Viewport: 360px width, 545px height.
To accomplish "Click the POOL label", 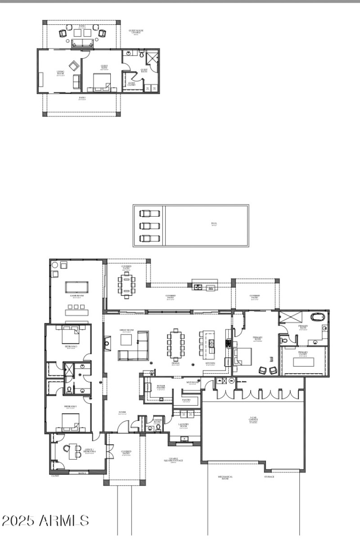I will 214,223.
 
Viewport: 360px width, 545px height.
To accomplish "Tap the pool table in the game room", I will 77,286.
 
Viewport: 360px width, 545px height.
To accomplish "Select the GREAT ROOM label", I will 126,331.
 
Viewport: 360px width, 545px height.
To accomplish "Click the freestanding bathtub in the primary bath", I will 318,318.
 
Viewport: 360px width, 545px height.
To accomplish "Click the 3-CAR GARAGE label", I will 254,421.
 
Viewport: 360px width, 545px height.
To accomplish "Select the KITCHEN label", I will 210,363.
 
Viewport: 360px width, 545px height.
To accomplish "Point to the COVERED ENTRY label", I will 126,452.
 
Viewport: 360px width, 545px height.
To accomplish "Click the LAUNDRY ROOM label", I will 183,425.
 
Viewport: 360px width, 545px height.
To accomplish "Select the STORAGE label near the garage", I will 269,477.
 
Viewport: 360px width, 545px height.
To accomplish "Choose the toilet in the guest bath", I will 141,54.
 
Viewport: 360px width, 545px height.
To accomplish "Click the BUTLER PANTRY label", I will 161,387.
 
